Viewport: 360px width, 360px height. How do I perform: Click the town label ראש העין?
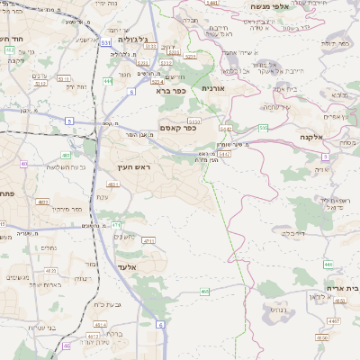click(x=131, y=168)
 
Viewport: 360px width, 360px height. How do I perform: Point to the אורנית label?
click(x=212, y=88)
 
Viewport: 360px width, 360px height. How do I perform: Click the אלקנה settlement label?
click(x=312, y=137)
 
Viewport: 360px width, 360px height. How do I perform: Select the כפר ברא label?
click(x=170, y=91)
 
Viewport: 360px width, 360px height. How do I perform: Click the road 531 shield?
click(x=107, y=41)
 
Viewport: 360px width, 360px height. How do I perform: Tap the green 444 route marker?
click(x=108, y=81)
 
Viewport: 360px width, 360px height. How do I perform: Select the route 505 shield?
click(x=263, y=129)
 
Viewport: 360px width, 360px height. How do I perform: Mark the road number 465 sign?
click(x=205, y=292)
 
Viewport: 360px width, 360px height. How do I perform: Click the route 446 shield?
click(x=328, y=264)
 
